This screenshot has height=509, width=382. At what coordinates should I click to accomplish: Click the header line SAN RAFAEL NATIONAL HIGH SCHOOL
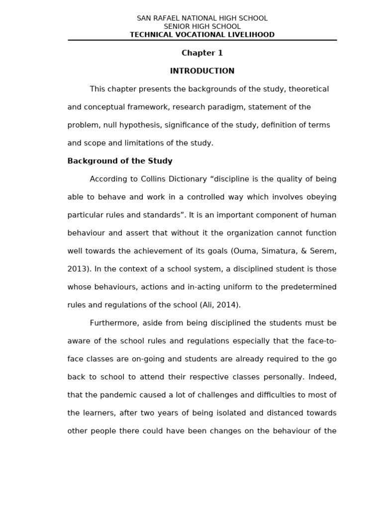pyautogui.click(x=202, y=18)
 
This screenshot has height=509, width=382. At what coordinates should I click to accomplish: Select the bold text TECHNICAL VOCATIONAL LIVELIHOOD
pyautogui.click(x=202, y=35)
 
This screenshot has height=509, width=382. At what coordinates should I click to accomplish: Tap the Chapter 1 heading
pyautogui.click(x=202, y=53)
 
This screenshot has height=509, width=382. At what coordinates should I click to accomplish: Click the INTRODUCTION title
pyautogui.click(x=202, y=71)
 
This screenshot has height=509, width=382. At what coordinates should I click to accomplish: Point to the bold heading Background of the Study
pyautogui.click(x=120, y=161)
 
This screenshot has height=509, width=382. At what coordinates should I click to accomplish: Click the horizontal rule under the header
pyautogui.click(x=202, y=40)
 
